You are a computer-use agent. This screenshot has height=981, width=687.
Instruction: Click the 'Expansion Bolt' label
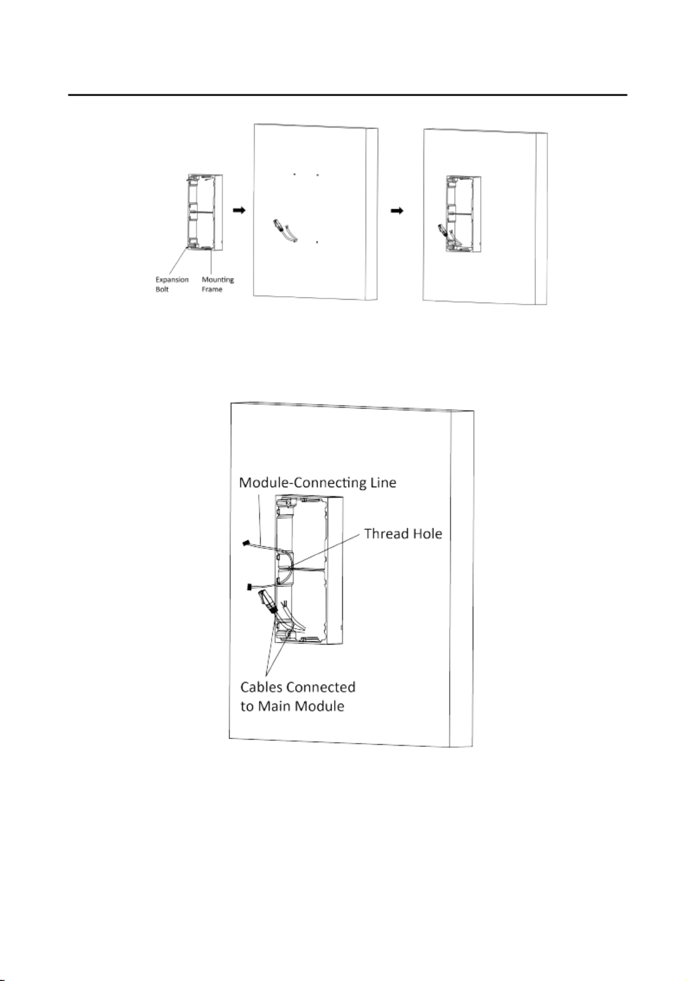[172, 284]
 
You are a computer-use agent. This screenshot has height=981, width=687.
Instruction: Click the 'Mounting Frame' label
[217, 284]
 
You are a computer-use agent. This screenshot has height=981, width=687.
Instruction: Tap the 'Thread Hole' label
[403, 533]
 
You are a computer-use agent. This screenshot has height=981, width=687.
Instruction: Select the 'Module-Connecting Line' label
[317, 483]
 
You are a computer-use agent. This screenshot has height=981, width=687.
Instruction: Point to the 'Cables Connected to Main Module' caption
[298, 696]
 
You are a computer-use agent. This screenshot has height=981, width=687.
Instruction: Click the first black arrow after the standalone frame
[239, 210]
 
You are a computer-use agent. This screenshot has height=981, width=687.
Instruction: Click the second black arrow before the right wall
[397, 210]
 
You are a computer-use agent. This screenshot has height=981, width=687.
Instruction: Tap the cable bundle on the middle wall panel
[285, 231]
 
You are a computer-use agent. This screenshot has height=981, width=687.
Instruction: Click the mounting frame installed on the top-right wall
[463, 214]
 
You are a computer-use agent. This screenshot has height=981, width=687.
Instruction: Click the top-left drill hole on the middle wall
[294, 174]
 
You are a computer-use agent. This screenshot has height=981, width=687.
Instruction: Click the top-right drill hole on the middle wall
[317, 174]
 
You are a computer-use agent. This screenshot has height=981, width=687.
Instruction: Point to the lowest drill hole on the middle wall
[317, 242]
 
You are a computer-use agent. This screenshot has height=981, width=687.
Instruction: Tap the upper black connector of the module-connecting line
[246, 543]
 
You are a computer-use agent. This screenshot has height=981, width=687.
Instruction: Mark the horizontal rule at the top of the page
[347, 94]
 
